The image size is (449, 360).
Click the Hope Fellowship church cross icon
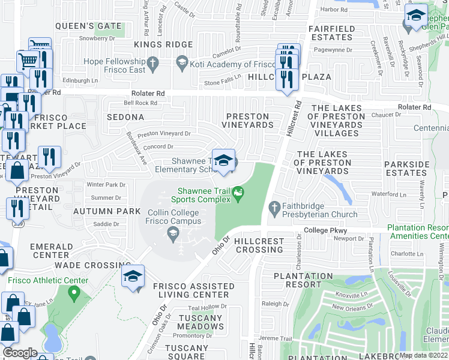pos(153,62)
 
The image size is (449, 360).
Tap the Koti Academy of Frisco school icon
pos(182,62)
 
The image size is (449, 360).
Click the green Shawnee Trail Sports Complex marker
pos(239,193)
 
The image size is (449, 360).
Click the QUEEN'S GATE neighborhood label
pos(88,26)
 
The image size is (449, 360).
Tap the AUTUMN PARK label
pos(107,212)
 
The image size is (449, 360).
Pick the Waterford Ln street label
pos(389,194)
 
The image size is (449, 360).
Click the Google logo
pos(20,353)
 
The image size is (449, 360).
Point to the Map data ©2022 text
pos(423,355)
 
